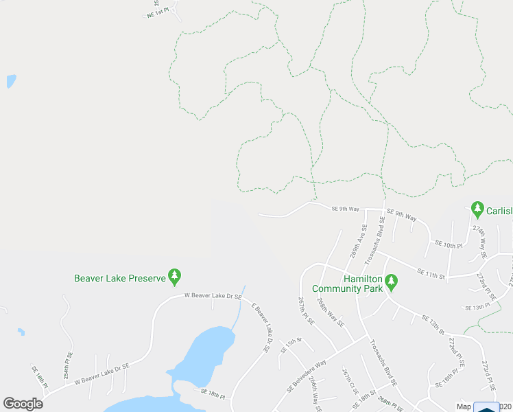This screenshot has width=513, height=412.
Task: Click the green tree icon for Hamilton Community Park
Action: pos(391,280)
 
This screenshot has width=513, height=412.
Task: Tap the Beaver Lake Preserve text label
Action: pos(120,278)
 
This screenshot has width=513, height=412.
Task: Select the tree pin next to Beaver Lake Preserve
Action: pos(175,277)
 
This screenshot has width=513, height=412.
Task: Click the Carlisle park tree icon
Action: pos(477,208)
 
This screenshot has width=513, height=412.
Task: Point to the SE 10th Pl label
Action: pos(449,245)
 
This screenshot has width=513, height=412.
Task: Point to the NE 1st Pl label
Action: pos(157,13)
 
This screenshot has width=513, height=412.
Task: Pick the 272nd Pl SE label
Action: pos(452,351)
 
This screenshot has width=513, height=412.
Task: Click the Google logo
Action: pos(23,403)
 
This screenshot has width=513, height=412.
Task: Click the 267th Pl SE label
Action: pos(305,311)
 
